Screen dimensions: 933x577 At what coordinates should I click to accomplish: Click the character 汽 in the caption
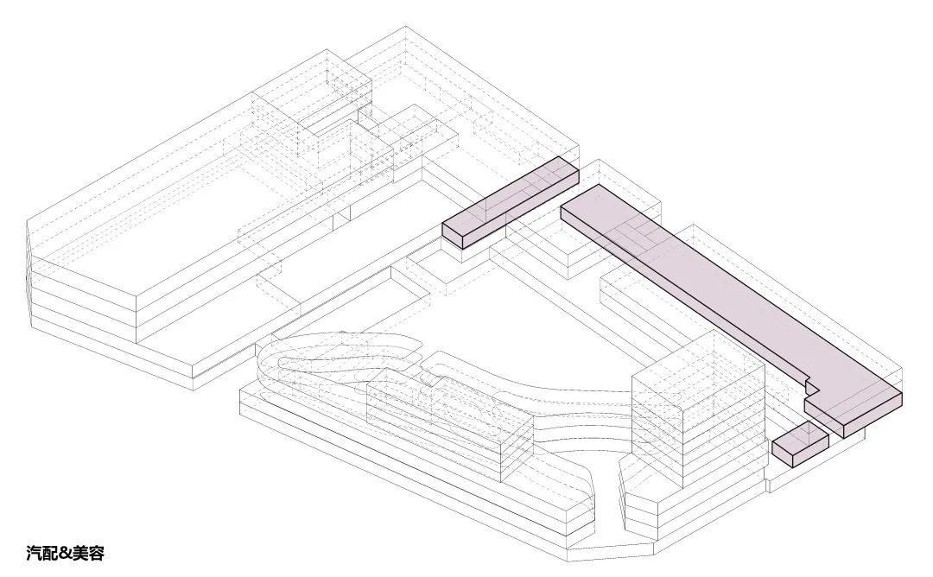point(34,553)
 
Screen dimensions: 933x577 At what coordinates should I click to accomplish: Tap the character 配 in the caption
point(51,553)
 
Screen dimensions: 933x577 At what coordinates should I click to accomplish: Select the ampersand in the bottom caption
point(65,553)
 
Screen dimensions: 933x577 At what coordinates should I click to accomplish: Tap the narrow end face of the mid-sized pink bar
point(452,236)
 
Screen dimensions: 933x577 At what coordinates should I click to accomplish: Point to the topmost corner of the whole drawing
point(406,26)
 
